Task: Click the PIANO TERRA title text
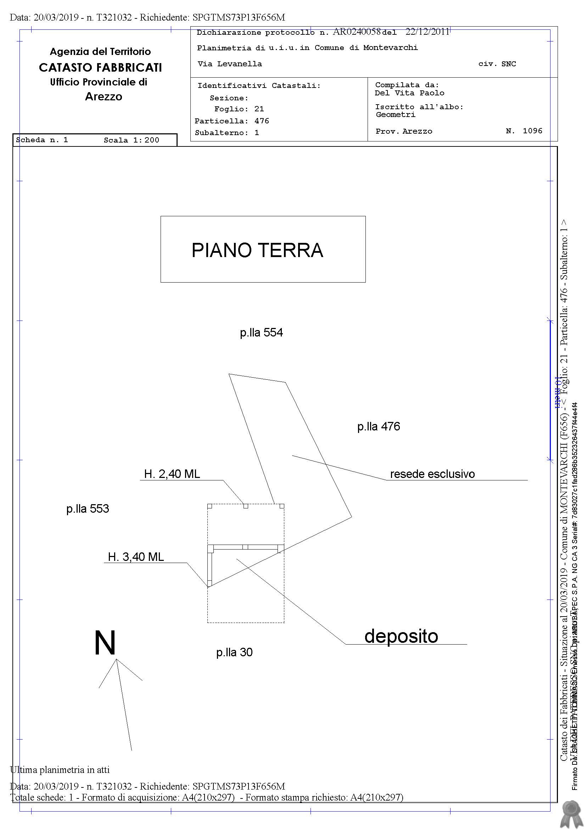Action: (257, 250)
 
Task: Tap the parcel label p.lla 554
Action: (261, 333)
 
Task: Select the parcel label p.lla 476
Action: (379, 427)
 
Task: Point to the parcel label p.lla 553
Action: (88, 509)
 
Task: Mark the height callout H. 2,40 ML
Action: (172, 474)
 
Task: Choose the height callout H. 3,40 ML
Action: (135, 557)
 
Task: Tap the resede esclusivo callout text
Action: (432, 474)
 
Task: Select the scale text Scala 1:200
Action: (131, 140)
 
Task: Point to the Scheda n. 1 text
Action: (42, 140)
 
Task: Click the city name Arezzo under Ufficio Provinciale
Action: (104, 96)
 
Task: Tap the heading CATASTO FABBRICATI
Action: (100, 67)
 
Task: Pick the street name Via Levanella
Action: (230, 64)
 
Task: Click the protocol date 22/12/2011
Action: (427, 32)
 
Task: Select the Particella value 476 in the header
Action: (262, 121)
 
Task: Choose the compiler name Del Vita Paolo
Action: (409, 93)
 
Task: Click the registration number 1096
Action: (532, 131)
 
